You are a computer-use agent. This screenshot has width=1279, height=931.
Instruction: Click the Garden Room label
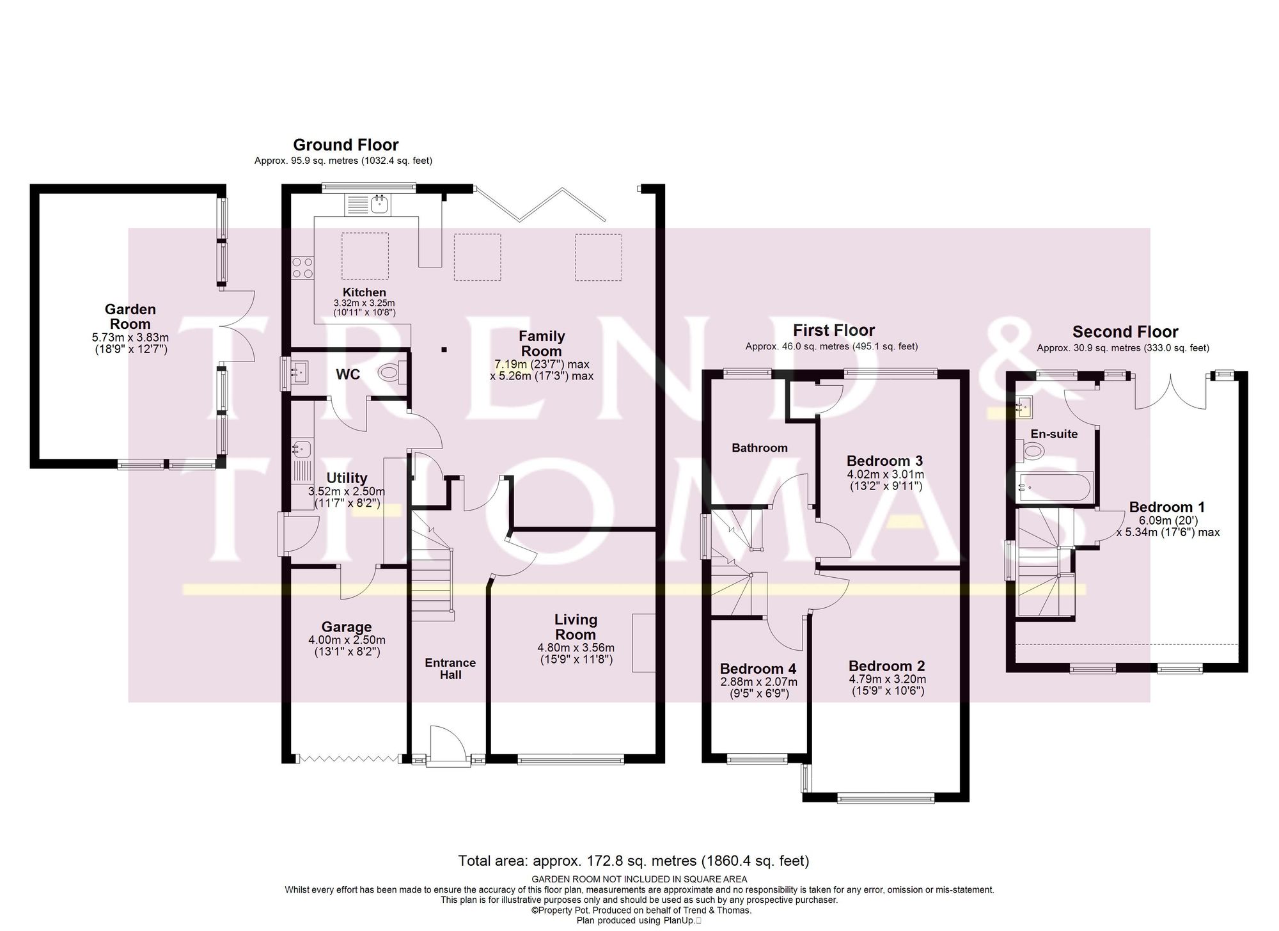point(130,317)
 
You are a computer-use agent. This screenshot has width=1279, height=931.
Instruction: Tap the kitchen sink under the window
point(379,204)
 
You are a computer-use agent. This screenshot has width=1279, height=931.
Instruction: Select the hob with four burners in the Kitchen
point(302,267)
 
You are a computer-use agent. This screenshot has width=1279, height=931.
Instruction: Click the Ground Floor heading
point(345,145)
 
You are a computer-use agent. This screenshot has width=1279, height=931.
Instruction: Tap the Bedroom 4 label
point(758,669)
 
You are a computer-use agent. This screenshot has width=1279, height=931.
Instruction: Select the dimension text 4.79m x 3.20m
point(887,680)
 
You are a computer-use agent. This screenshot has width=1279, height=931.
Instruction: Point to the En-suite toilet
point(1031,452)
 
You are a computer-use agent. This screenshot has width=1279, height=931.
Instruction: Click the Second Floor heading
point(1125,332)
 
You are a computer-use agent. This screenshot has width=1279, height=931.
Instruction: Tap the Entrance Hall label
point(450,669)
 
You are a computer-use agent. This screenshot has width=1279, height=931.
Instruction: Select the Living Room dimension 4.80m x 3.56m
point(576,648)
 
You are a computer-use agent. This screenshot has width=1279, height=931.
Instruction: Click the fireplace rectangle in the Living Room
point(643,642)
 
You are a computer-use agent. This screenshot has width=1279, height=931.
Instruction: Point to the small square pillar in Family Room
point(444,349)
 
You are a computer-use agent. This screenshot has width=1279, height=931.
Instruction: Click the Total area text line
point(634,861)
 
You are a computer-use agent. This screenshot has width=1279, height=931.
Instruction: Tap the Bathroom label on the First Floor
point(759,448)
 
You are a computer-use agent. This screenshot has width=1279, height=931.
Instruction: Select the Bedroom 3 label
point(885,461)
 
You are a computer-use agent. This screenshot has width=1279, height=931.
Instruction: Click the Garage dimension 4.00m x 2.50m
point(347,641)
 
